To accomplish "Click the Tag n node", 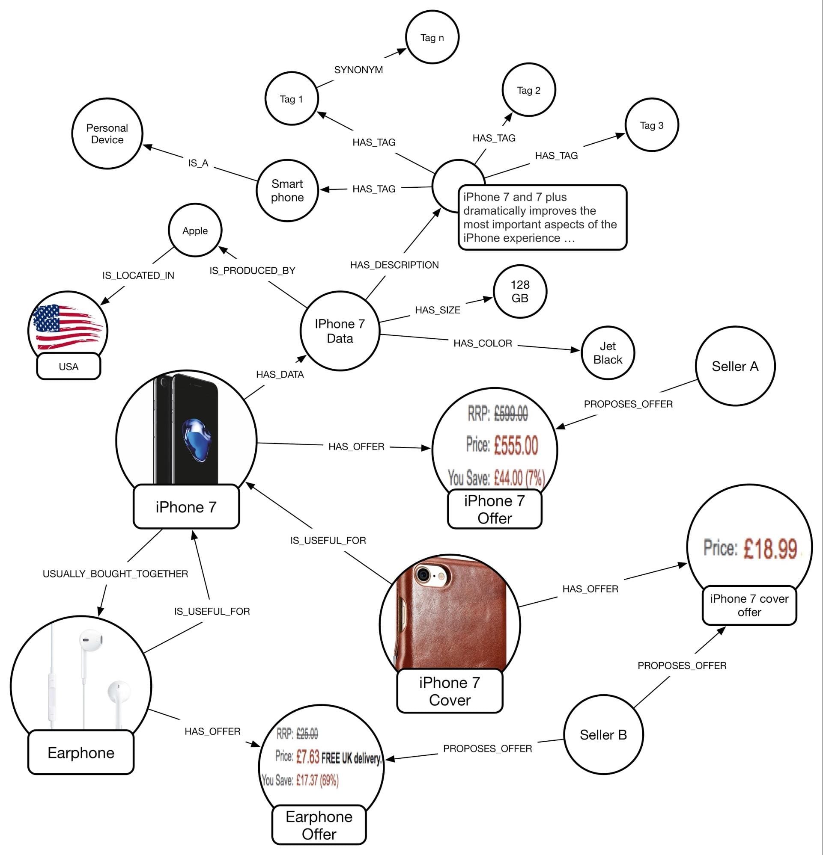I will pyautogui.click(x=432, y=38).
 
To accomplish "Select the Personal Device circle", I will pyautogui.click(x=107, y=133).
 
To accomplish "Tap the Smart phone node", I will pyautogui.click(x=287, y=191).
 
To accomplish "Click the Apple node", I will pyautogui.click(x=195, y=231).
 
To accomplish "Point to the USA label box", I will pyautogui.click(x=69, y=367).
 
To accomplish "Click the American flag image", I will pyautogui.click(x=68, y=326).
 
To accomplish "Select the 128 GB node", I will pyautogui.click(x=519, y=291).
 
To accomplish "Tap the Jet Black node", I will pyautogui.click(x=607, y=352).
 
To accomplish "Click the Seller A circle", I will pyautogui.click(x=735, y=366).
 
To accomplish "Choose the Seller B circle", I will pyautogui.click(x=603, y=735).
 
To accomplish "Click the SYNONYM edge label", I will pyautogui.click(x=358, y=70).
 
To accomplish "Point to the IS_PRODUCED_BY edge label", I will pyautogui.click(x=252, y=270).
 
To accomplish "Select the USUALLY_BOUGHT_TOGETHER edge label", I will pyautogui.click(x=115, y=574).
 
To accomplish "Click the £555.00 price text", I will pyautogui.click(x=516, y=445).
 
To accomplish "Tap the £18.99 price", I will pyautogui.click(x=770, y=548).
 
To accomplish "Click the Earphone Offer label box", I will pyautogui.click(x=319, y=825).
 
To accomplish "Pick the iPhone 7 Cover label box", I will pyautogui.click(x=449, y=691).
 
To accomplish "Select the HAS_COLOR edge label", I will pyautogui.click(x=483, y=343).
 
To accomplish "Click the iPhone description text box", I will pyautogui.click(x=542, y=217).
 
